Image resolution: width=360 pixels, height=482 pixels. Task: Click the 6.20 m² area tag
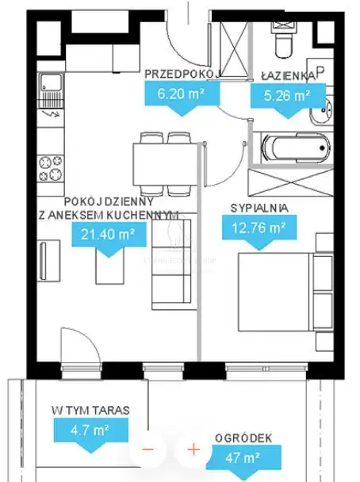click(x=182, y=98)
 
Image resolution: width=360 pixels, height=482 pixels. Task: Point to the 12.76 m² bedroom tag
click(x=259, y=232)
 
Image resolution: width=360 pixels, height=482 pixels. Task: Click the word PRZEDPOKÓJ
click(x=182, y=74)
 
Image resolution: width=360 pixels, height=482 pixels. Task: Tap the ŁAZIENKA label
click(x=289, y=76)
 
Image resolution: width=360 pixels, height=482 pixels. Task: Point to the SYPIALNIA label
click(x=259, y=208)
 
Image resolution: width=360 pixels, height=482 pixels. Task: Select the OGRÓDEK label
click(x=243, y=438)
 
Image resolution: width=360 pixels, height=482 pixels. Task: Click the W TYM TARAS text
click(x=90, y=411)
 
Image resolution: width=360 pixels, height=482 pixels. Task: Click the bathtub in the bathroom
click(x=297, y=148)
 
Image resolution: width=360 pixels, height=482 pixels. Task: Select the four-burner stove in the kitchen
click(x=51, y=168)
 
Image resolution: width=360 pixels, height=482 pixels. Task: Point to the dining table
click(x=165, y=164)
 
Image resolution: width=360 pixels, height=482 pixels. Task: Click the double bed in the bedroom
click(x=285, y=292)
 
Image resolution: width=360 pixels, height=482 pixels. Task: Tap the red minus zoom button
click(x=147, y=449)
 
